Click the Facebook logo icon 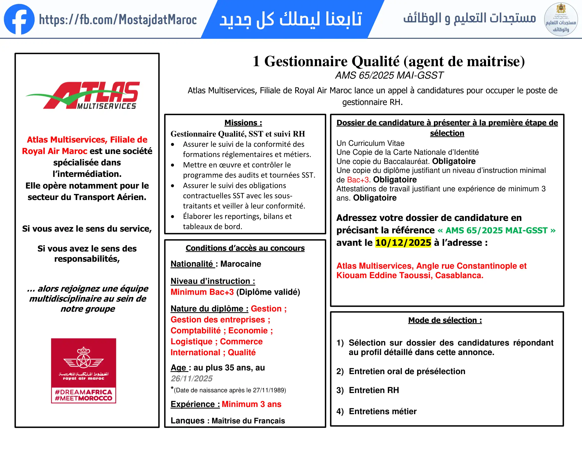pos(19,19)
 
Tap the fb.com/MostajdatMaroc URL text pos(118,20)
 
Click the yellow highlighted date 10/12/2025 pos(403,243)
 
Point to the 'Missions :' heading pos(243,123)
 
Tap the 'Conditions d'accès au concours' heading pos(245,248)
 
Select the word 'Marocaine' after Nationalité pos(241,264)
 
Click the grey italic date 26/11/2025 pos(192,378)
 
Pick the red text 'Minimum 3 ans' pos(251,404)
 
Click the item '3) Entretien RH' pos(368,390)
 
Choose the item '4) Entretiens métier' pos(376,411)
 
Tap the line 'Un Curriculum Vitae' pos(370,143)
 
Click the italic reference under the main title pos(389,75)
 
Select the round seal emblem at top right pos(561,19)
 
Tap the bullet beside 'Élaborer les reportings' pos(173,217)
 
